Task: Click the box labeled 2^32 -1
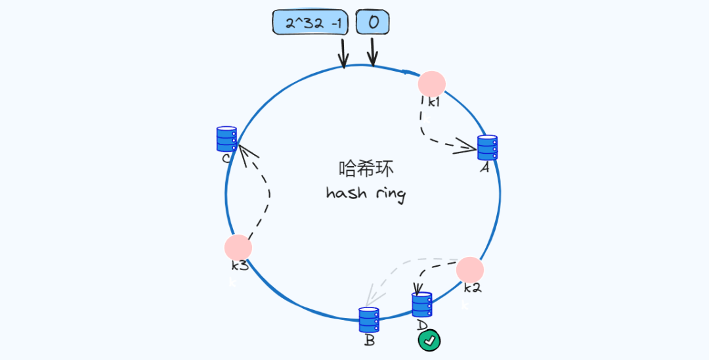[x=312, y=23]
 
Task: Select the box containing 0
[x=372, y=22]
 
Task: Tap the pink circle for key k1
[x=432, y=83]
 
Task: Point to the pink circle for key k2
[x=470, y=270]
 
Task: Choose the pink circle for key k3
[x=238, y=247]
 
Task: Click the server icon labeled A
[x=487, y=147]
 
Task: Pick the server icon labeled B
[x=369, y=320]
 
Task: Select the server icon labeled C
[x=226, y=139]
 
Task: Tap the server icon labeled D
[x=422, y=305]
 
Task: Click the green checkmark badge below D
[x=429, y=340]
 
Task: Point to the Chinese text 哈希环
[x=366, y=169]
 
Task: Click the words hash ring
[x=366, y=193]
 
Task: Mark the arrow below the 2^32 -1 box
[x=342, y=53]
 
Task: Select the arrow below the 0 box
[x=372, y=51]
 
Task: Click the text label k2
[x=473, y=288]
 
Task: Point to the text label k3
[x=239, y=265]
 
